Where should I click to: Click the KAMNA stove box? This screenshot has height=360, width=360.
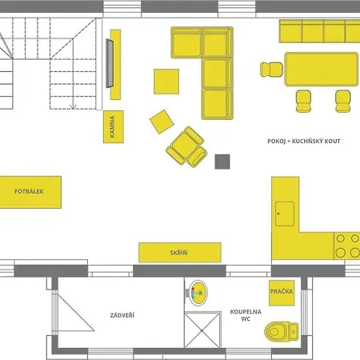[x=114, y=126]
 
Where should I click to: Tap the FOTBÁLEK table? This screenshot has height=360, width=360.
[x=30, y=192]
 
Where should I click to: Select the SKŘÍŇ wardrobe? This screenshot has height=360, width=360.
[x=180, y=253]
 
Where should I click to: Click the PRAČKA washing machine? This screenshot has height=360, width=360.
[x=282, y=293]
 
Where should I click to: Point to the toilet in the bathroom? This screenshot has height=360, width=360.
[x=282, y=331]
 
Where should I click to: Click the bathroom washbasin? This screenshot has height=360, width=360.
[x=198, y=293]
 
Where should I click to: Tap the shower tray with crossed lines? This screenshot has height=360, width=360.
[x=202, y=330]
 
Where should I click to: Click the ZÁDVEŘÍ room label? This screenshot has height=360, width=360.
[x=122, y=315]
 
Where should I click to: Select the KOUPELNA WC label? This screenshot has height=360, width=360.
[x=246, y=315]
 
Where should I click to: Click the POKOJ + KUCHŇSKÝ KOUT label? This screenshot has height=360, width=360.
[x=304, y=141]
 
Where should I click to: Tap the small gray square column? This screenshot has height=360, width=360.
[x=222, y=162]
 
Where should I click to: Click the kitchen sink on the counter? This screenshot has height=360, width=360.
[x=285, y=214]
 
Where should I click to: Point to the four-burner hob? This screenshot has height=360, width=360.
[x=347, y=246]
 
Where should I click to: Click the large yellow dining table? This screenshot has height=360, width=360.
[x=322, y=70]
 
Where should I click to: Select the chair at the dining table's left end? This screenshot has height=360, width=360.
[x=271, y=70]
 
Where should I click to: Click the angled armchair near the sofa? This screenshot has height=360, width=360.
[x=186, y=146]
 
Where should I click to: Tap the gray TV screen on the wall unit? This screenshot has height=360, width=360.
[x=110, y=63]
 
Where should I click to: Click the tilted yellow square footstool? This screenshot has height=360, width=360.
[x=162, y=122]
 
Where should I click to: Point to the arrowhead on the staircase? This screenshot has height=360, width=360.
[x=73, y=106]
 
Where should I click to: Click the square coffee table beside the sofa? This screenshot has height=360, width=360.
[x=166, y=82]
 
